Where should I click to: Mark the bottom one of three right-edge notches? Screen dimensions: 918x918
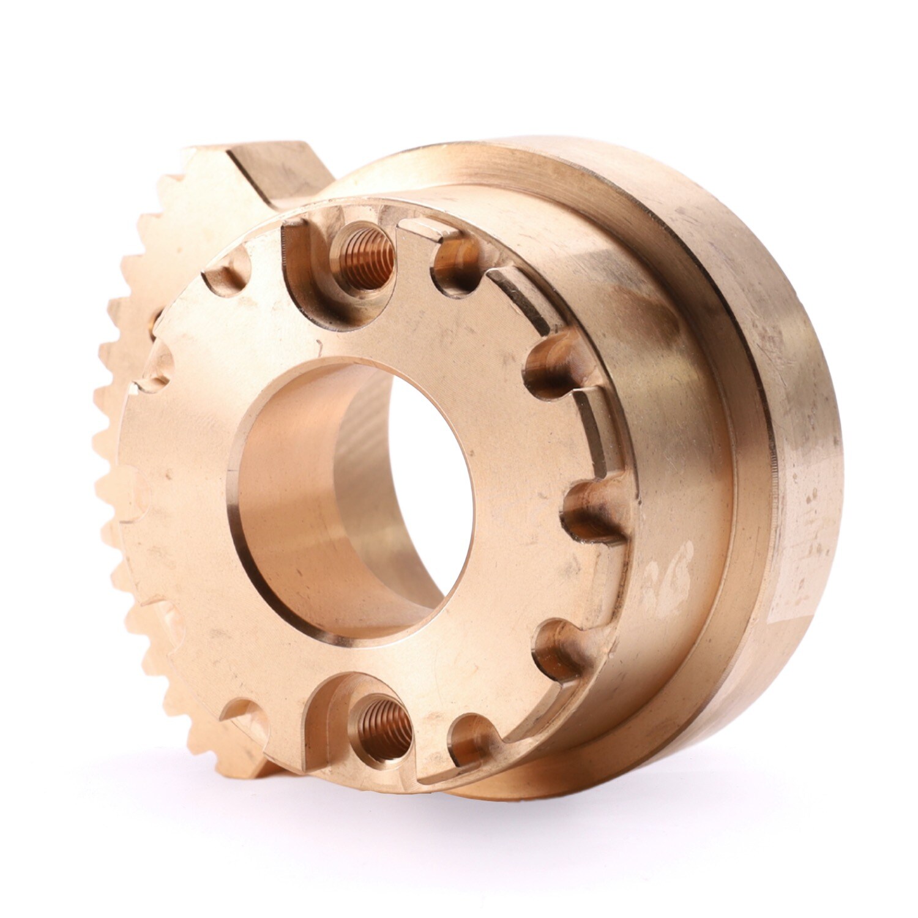point(557,649)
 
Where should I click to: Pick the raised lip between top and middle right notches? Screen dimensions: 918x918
point(597,441)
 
